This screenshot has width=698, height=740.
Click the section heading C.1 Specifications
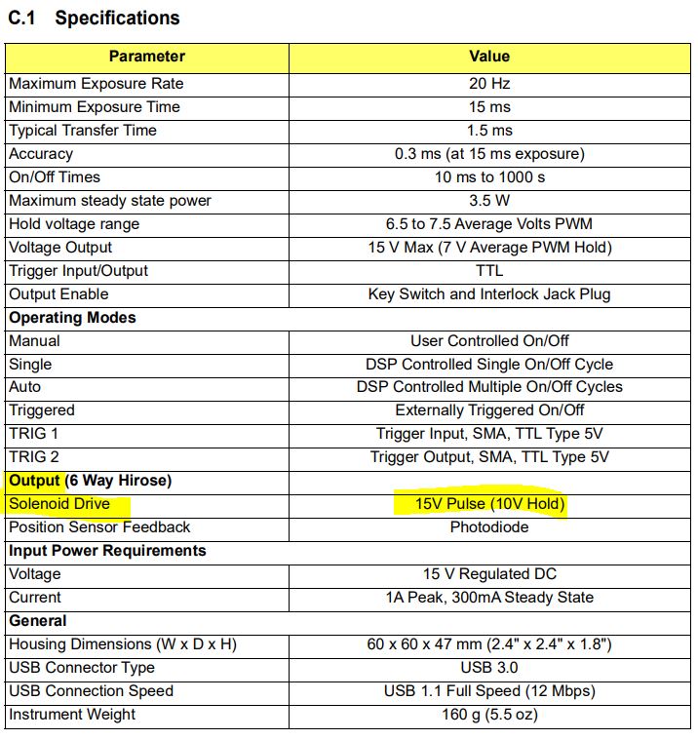tap(94, 19)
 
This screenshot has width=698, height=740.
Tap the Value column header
tap(488, 57)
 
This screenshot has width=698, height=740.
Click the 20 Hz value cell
tap(488, 84)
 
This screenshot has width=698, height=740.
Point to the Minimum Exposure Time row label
tap(95, 107)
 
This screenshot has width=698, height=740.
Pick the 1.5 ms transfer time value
tap(488, 131)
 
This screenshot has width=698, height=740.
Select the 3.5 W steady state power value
tap(488, 201)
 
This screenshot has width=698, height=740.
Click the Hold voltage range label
tap(74, 224)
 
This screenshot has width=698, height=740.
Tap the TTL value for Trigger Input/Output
tap(488, 271)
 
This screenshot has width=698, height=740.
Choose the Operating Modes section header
tap(72, 318)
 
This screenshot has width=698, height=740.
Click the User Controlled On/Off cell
tap(488, 341)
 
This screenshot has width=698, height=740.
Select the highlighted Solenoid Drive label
tap(59, 504)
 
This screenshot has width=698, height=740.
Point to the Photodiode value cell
tap(488, 527)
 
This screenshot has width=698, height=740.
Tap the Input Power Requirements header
tap(107, 551)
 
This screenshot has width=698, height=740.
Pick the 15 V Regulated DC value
tap(488, 574)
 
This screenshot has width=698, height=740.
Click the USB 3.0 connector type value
tap(488, 668)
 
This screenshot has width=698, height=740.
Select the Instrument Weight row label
tap(72, 715)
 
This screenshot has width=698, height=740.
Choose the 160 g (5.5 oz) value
tap(488, 715)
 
